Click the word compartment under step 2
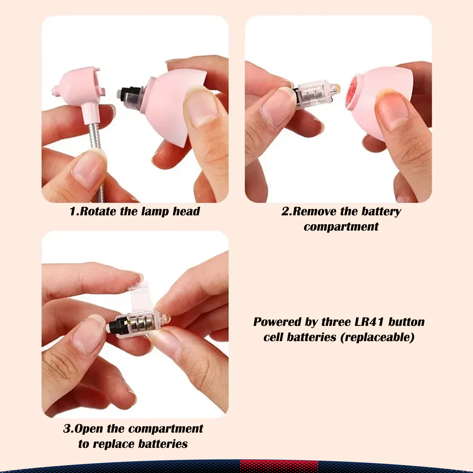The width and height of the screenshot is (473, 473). coord(341,227)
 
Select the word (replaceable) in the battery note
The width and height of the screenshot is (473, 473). coord(378,337)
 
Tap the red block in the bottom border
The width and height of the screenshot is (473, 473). coord(279,466)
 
